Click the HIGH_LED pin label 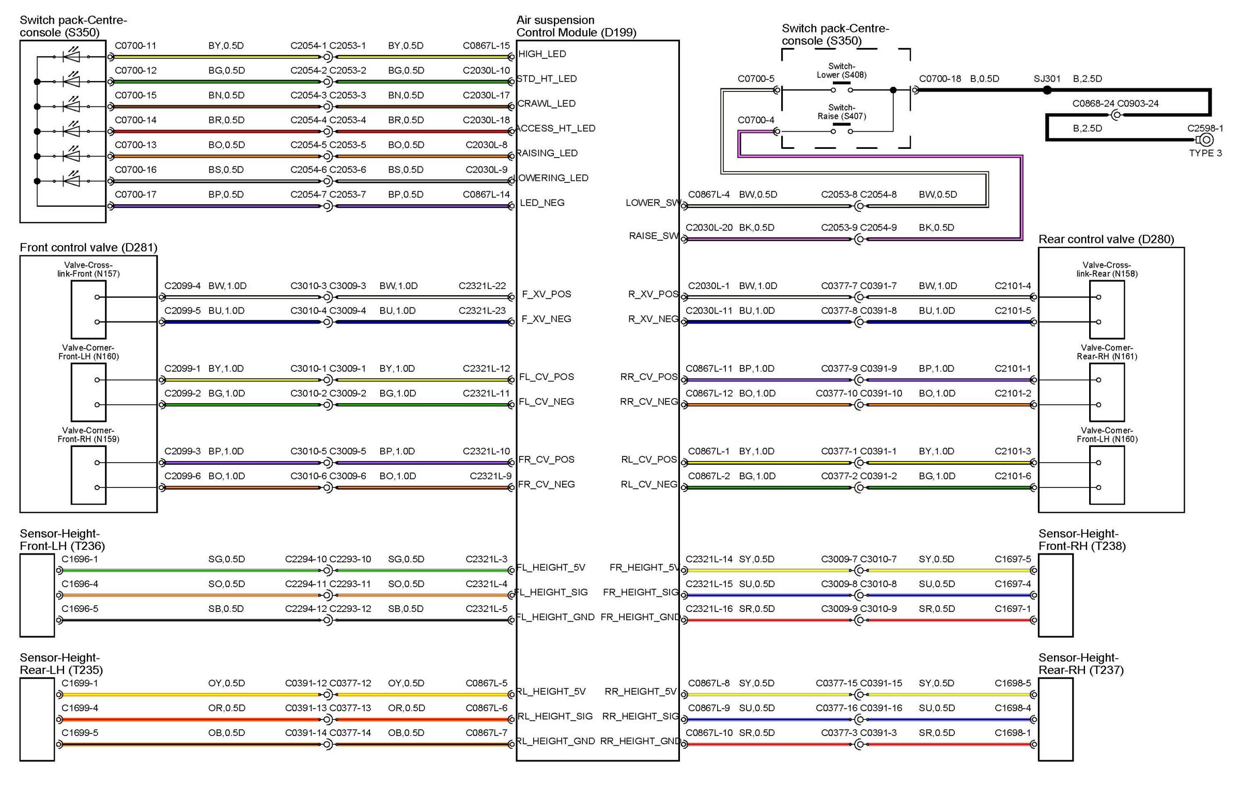542,54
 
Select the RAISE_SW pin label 654,236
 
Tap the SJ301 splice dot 1047,90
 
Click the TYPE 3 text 1205,154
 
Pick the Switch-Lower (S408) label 842,70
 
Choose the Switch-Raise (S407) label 842,112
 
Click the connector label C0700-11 135,45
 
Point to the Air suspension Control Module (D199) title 576,26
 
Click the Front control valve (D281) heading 88,248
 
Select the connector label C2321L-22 482,286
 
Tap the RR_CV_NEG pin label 649,402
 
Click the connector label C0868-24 1093,104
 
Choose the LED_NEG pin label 542,203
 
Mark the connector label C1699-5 80,733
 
